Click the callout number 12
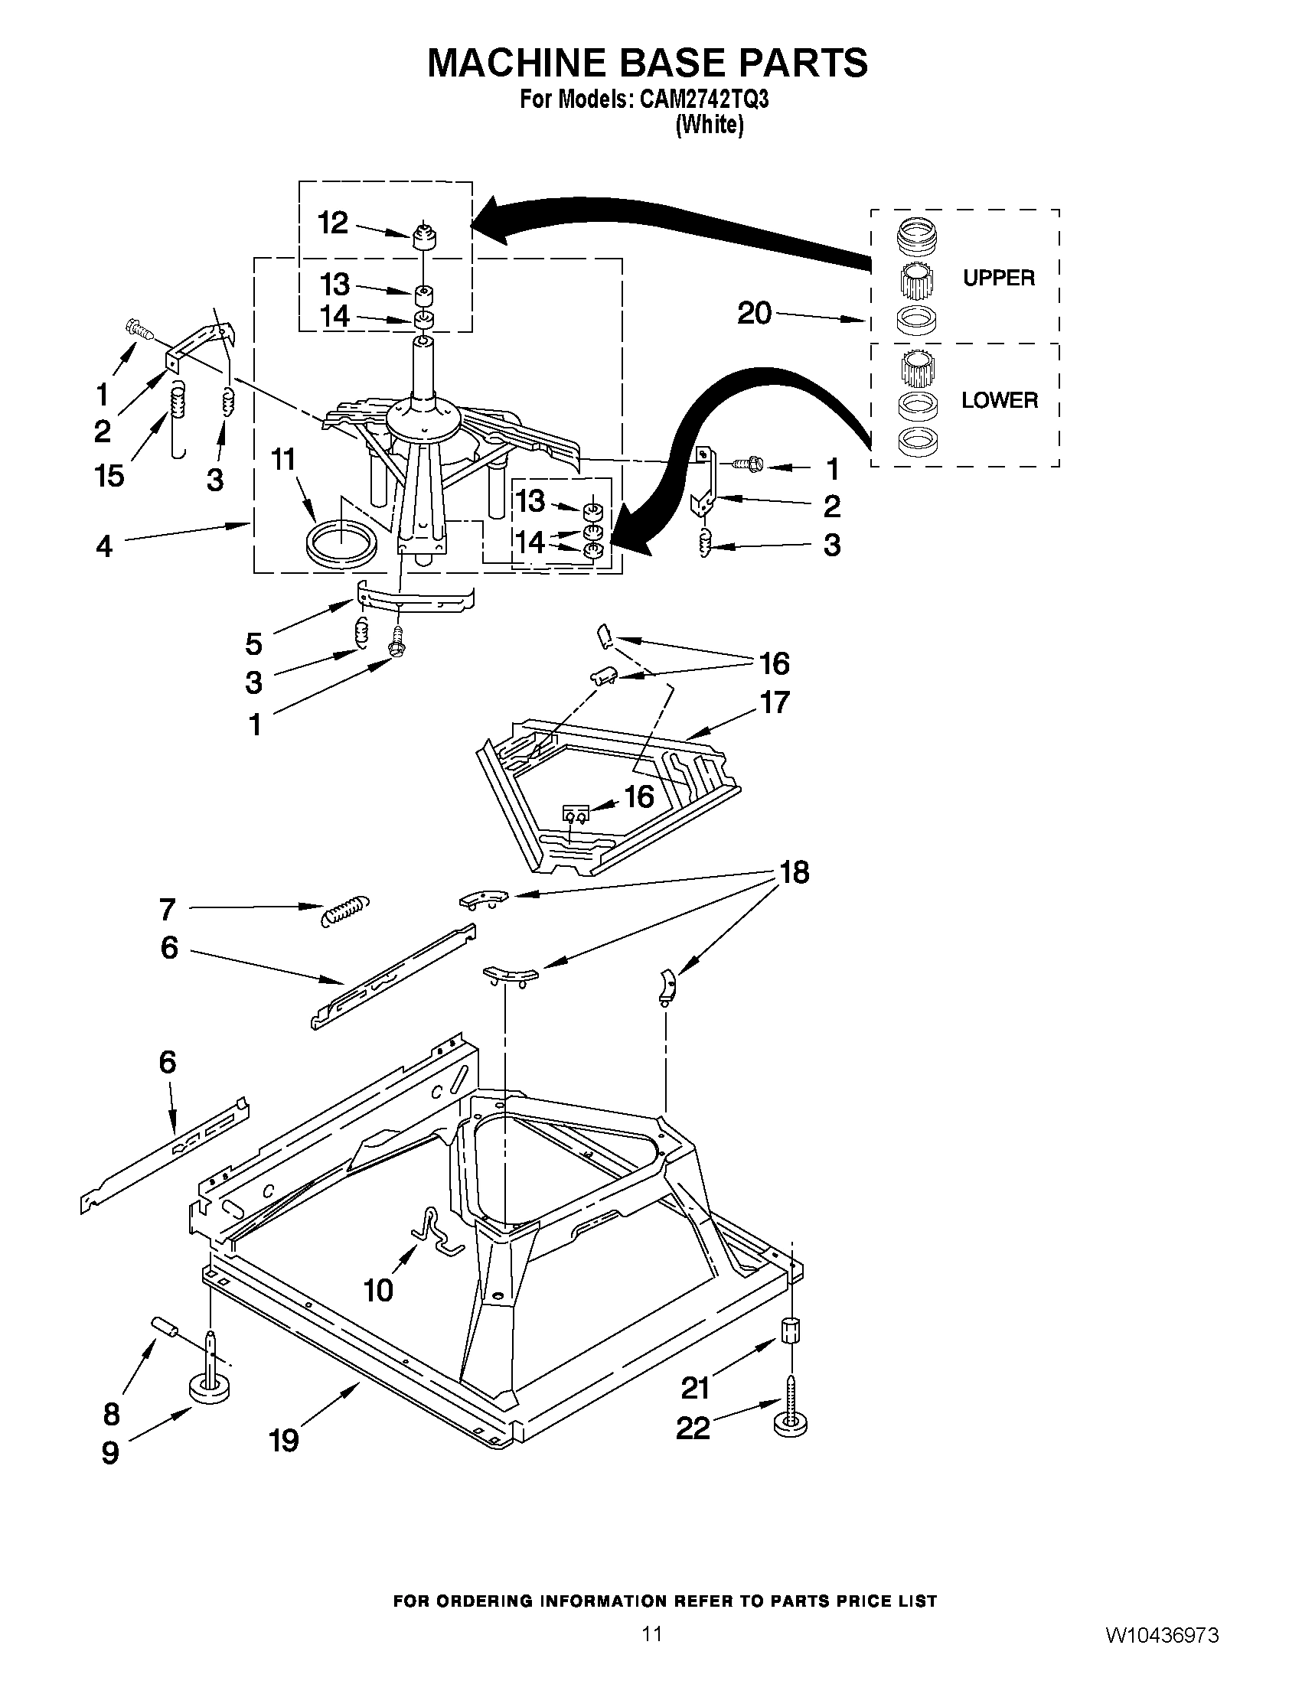click(x=333, y=223)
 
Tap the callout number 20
click(x=755, y=313)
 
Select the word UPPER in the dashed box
click(x=998, y=278)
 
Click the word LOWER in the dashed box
click(x=999, y=400)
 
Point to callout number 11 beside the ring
click(x=283, y=461)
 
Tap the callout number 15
click(x=109, y=476)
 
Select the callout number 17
click(x=775, y=702)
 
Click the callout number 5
click(x=254, y=643)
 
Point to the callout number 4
click(x=104, y=547)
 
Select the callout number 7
click(x=168, y=910)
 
